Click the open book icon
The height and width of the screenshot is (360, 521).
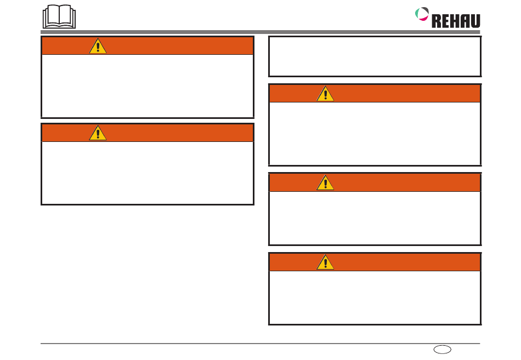(59, 17)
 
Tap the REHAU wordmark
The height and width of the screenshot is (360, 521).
(456, 21)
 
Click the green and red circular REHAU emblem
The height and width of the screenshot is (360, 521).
(422, 13)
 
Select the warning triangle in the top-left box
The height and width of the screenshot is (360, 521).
(98, 47)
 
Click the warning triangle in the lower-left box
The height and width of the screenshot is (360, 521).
(98, 133)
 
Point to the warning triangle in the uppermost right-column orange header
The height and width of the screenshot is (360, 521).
(325, 94)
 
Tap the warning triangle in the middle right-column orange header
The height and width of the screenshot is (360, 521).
(325, 183)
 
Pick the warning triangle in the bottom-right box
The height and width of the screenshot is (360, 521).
(325, 262)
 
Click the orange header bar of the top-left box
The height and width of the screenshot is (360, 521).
(175, 46)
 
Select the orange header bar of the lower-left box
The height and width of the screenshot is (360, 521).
(175, 133)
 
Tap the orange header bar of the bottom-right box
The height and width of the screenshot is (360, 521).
(406, 262)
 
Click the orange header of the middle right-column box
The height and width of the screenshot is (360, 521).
(406, 183)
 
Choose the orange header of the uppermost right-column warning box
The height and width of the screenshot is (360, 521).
(406, 94)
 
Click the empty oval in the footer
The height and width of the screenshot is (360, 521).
(441, 349)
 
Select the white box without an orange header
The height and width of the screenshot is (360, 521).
(375, 56)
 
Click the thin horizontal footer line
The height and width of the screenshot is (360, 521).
(219, 344)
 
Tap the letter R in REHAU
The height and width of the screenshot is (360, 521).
(437, 21)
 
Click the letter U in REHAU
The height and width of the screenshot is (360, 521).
(474, 21)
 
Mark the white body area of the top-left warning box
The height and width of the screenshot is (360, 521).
(148, 85)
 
